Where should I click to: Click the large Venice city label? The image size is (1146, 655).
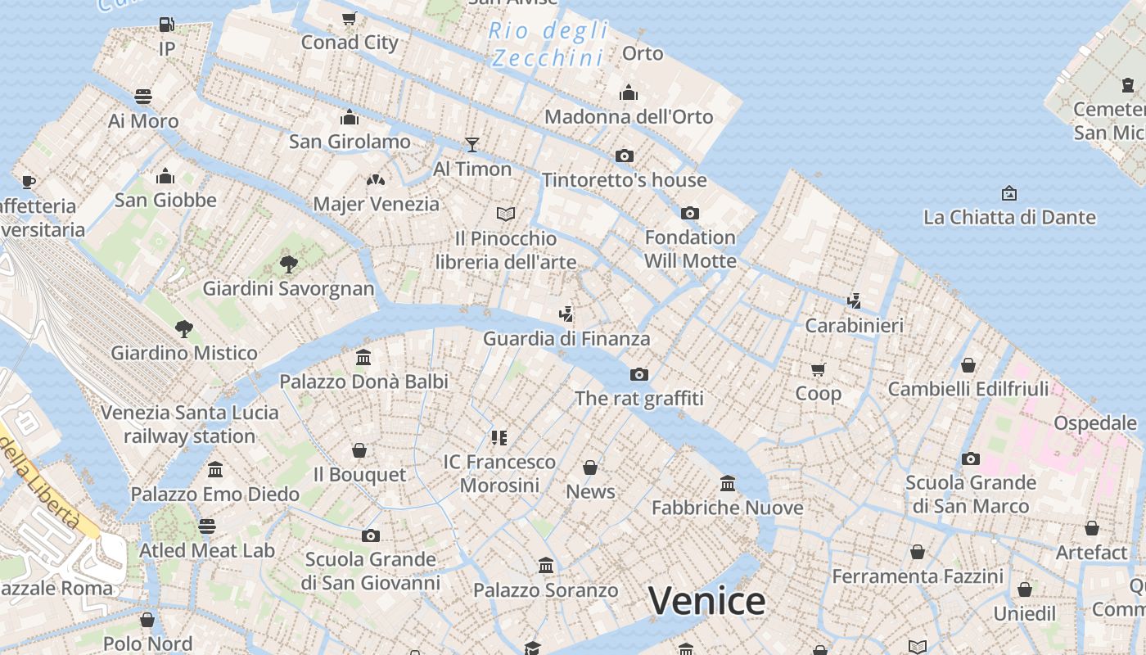tap(706, 601)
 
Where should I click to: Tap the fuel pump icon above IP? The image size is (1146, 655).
tap(166, 25)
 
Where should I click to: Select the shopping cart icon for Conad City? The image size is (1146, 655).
tap(350, 18)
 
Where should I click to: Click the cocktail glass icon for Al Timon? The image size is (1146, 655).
tap(472, 145)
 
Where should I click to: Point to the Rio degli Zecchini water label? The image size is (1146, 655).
tap(548, 44)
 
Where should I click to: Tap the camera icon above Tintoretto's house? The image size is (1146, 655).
tap(625, 156)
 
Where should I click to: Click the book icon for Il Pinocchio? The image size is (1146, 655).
tap(506, 214)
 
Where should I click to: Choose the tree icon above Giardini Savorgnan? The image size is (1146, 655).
tap(288, 264)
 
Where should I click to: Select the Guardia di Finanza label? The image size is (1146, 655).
tap(566, 338)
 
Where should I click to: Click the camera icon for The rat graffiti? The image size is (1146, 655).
tap(639, 374)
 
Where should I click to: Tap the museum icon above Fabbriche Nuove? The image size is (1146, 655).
tap(728, 483)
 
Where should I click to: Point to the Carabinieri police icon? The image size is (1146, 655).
tap(855, 300)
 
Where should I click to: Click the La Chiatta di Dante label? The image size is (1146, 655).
tap(1009, 217)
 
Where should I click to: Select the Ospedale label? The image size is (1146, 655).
tap(1095, 423)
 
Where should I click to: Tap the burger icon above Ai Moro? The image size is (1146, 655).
tap(143, 97)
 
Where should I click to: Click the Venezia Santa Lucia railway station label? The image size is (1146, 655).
tap(189, 424)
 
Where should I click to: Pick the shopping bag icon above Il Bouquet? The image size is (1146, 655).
tap(359, 450)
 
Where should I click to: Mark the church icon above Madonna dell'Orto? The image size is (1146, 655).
tap(629, 93)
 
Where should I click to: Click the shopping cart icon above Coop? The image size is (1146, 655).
tap(818, 369)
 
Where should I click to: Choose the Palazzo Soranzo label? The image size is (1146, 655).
tap(546, 590)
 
